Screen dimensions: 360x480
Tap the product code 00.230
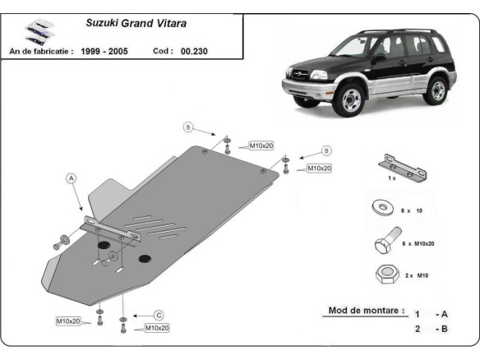(x=195, y=51)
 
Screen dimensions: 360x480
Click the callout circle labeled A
(x=71, y=178)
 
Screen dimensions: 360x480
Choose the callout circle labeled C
(x=159, y=315)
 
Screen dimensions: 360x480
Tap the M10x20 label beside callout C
(x=157, y=328)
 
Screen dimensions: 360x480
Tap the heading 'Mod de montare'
(x=366, y=311)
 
